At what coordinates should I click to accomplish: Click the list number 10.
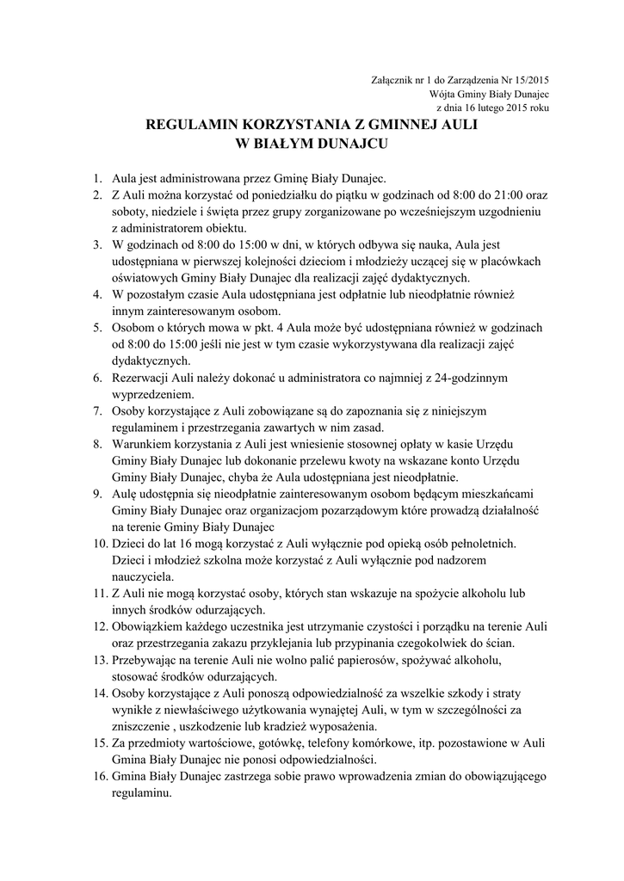pyautogui.click(x=100, y=543)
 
